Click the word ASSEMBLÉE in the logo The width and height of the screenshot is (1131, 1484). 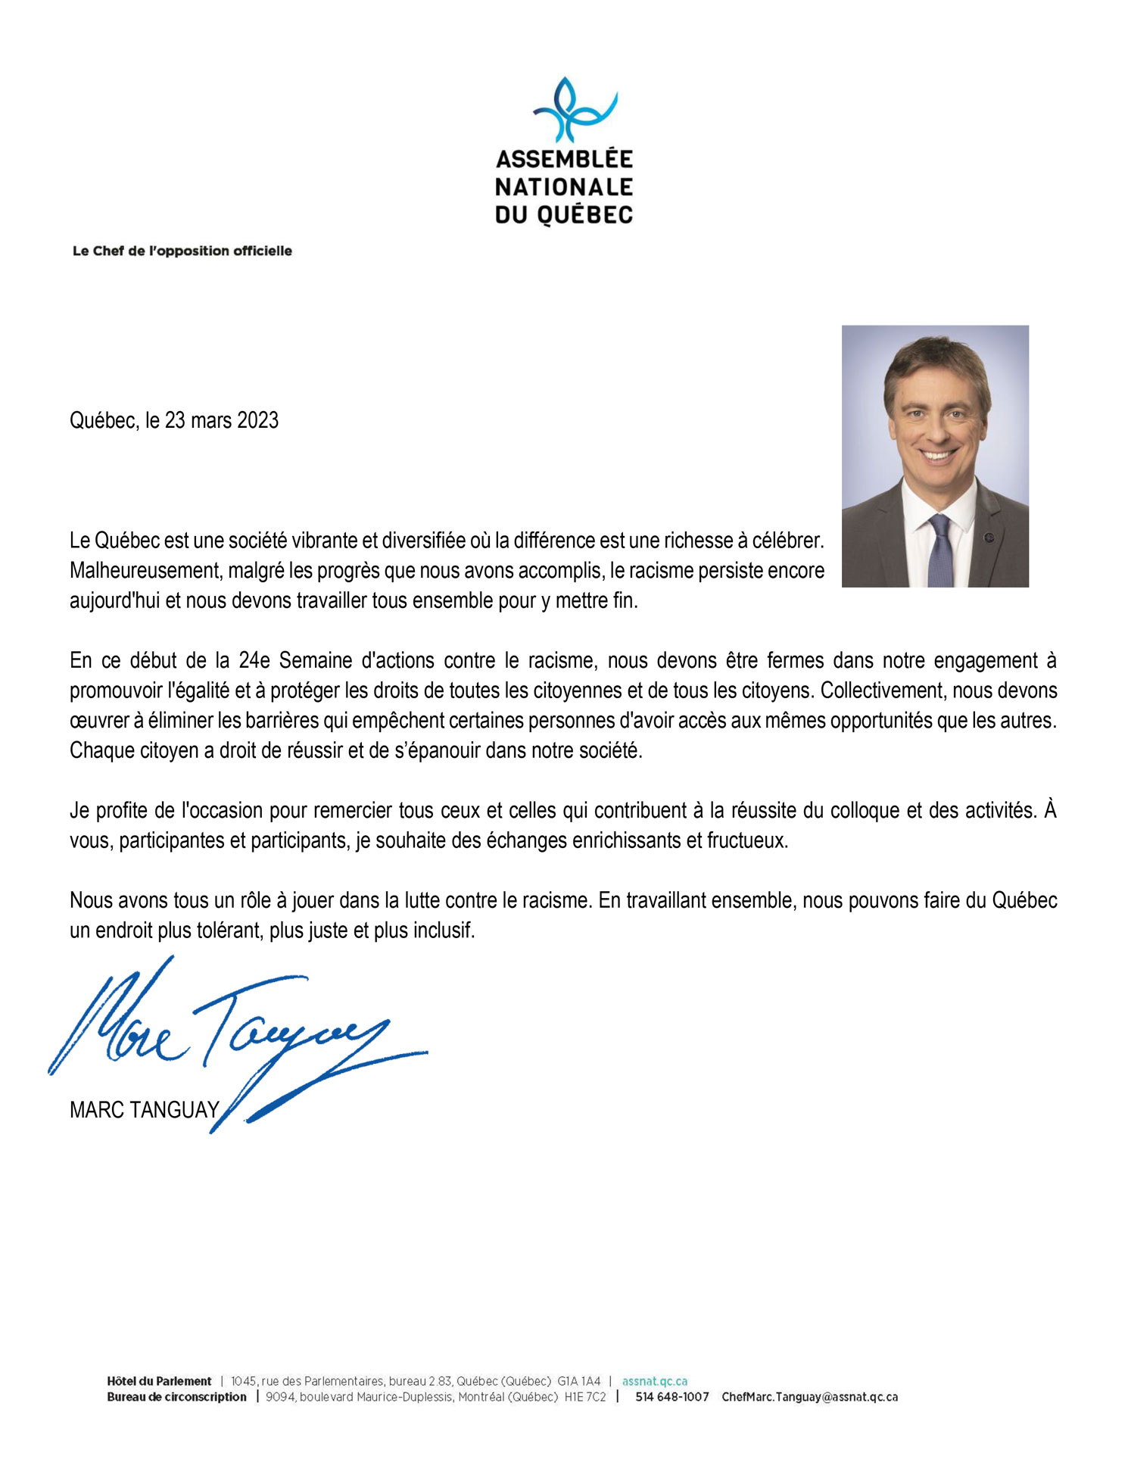(x=564, y=160)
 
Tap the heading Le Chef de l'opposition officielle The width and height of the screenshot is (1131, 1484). (x=182, y=251)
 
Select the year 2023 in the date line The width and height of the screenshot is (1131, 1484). (x=257, y=420)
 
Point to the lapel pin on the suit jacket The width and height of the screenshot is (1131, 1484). (x=989, y=538)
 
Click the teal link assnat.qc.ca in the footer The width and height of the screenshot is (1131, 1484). (x=654, y=1381)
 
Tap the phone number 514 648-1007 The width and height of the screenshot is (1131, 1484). (x=671, y=1397)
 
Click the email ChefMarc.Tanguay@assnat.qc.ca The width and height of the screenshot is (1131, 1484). (x=809, y=1397)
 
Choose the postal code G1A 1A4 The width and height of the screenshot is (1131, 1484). (x=578, y=1381)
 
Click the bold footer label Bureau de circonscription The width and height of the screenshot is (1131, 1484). (x=176, y=1397)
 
